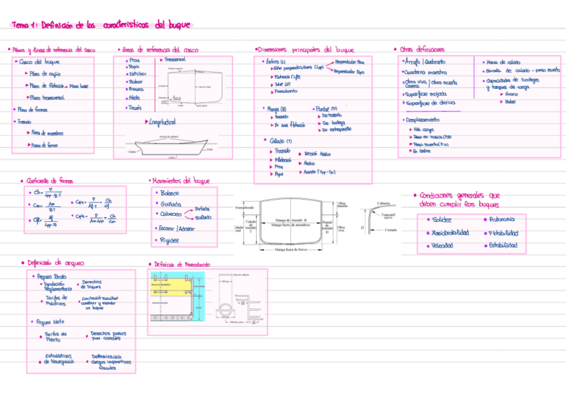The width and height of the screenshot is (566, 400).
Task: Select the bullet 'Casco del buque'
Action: (x=37, y=62)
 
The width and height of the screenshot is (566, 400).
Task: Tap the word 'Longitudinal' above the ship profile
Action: (x=160, y=122)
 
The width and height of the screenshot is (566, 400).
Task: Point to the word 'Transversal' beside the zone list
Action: (x=174, y=60)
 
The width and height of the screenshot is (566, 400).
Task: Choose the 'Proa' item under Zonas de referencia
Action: (x=134, y=60)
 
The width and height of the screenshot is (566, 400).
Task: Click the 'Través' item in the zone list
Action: (x=135, y=107)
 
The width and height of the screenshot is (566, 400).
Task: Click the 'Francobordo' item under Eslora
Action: (x=286, y=91)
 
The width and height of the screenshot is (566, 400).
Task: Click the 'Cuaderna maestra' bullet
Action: (x=427, y=72)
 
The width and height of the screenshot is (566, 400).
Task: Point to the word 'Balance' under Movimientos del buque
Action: (x=170, y=193)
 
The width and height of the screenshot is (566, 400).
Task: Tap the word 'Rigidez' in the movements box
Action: (x=170, y=240)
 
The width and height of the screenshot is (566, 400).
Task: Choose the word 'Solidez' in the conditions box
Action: (x=442, y=220)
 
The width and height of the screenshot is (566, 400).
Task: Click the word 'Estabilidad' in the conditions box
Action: (x=503, y=246)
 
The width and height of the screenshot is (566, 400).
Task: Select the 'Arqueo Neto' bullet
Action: (x=51, y=322)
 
